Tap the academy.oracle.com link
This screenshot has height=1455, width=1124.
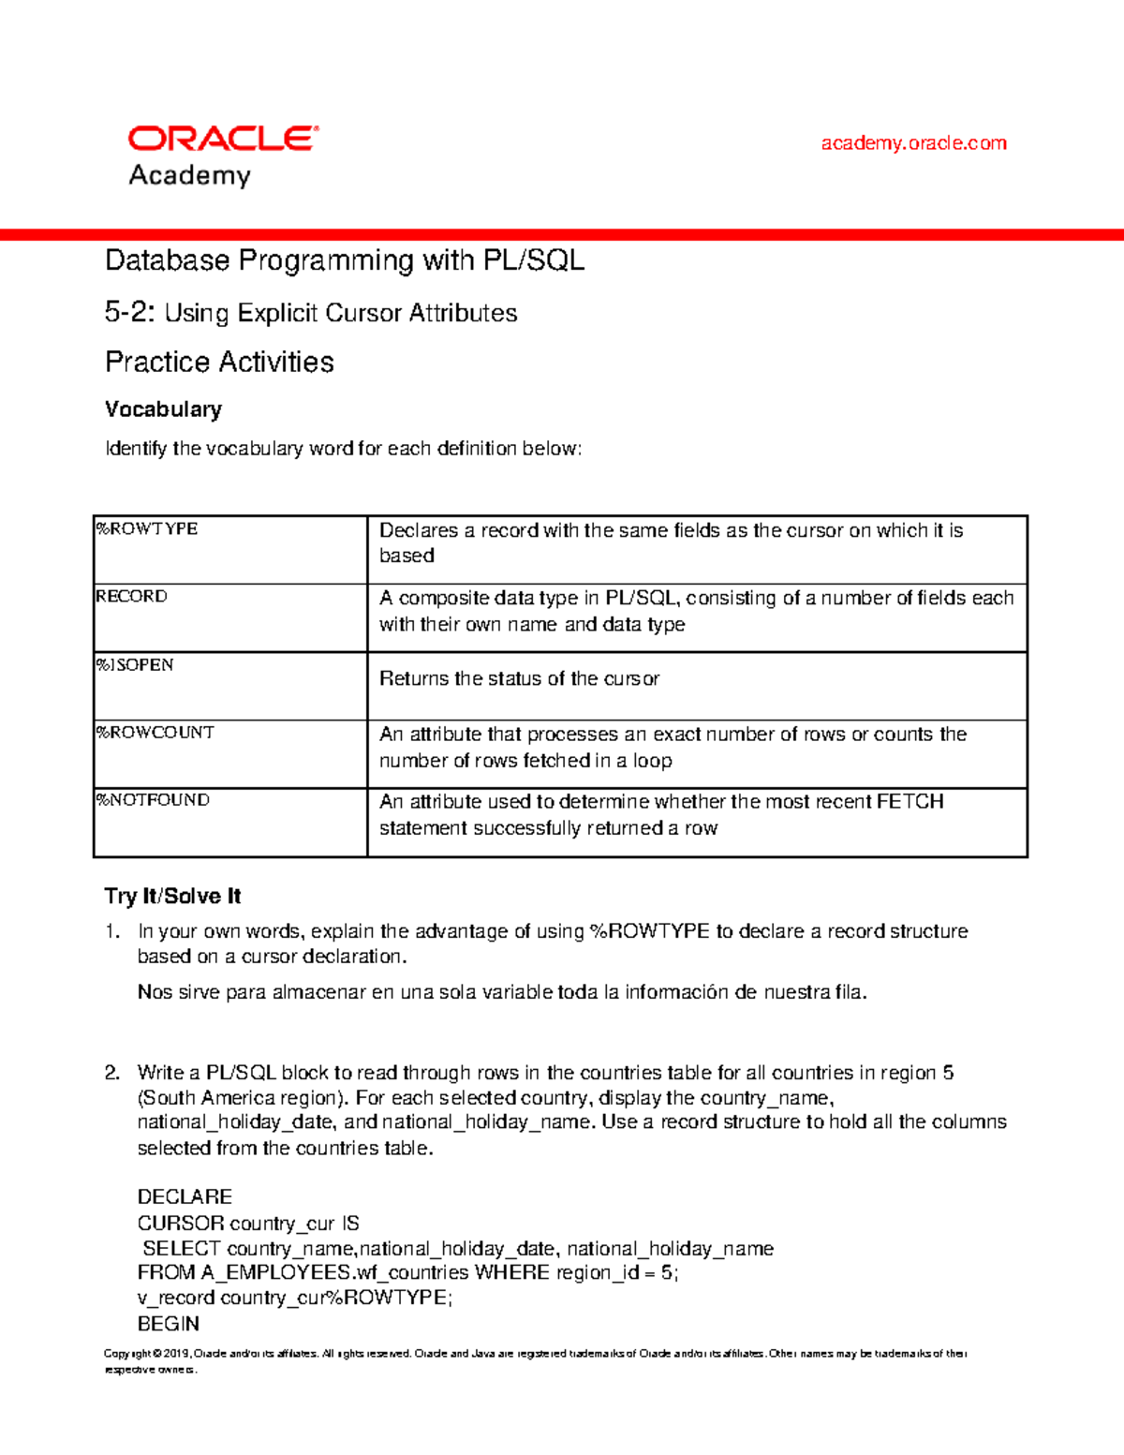click(913, 143)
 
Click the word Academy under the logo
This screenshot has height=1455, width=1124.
click(189, 175)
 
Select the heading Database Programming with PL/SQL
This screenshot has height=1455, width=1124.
click(345, 260)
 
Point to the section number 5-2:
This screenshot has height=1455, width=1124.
click(129, 313)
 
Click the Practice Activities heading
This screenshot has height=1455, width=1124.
click(219, 363)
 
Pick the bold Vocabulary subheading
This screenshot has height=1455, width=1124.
click(163, 409)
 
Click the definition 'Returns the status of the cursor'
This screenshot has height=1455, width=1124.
click(519, 679)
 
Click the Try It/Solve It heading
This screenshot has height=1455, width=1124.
click(172, 897)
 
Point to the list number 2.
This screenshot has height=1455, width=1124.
click(111, 1073)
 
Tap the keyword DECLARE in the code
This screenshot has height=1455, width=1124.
click(185, 1197)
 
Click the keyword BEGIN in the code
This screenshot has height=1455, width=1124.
click(169, 1324)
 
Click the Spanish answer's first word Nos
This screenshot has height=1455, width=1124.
click(155, 992)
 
